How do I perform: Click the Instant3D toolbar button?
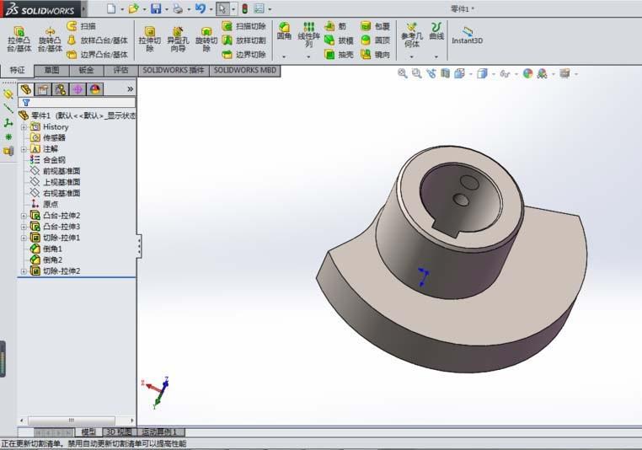click(468, 35)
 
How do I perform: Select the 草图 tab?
click(52, 71)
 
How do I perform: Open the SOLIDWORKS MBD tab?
click(244, 71)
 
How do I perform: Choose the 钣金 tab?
click(86, 71)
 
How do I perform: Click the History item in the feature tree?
click(56, 126)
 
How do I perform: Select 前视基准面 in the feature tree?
click(61, 171)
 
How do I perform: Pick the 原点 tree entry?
click(51, 204)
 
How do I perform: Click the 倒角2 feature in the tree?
click(53, 260)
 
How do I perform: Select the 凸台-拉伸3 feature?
click(61, 227)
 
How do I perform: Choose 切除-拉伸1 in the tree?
click(61, 238)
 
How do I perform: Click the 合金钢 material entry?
click(54, 159)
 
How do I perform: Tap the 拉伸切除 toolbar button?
click(150, 39)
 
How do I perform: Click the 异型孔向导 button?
click(177, 39)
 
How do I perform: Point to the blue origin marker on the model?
click(425, 276)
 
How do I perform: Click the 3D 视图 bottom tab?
click(118, 431)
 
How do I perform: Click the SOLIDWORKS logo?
click(40, 8)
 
